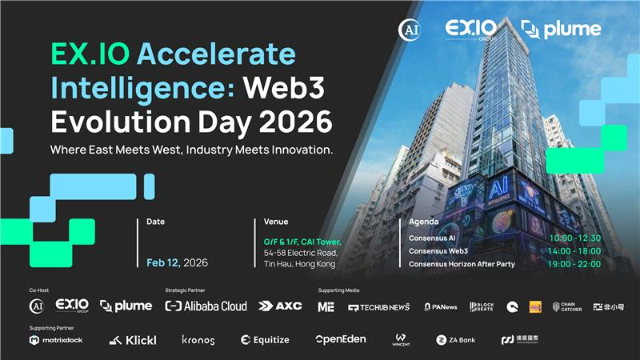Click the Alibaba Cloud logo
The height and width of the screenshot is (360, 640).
point(206,306)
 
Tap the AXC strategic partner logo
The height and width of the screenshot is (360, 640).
point(280,306)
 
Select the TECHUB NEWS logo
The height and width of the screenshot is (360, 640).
point(378,307)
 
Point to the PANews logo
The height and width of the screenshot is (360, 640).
point(440,306)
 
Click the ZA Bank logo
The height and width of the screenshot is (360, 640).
point(455,340)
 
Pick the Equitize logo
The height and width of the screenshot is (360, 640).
point(266,340)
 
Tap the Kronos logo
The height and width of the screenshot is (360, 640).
point(198,340)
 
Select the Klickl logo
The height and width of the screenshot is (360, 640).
point(132,340)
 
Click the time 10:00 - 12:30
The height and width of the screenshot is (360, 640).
point(574,238)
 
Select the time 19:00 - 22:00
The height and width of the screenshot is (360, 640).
point(574,263)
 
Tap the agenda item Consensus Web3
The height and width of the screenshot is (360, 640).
point(438,250)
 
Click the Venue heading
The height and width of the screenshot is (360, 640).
point(275,222)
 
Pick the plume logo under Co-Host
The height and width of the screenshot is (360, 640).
point(126,306)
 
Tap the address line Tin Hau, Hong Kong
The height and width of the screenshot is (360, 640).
point(300,265)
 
